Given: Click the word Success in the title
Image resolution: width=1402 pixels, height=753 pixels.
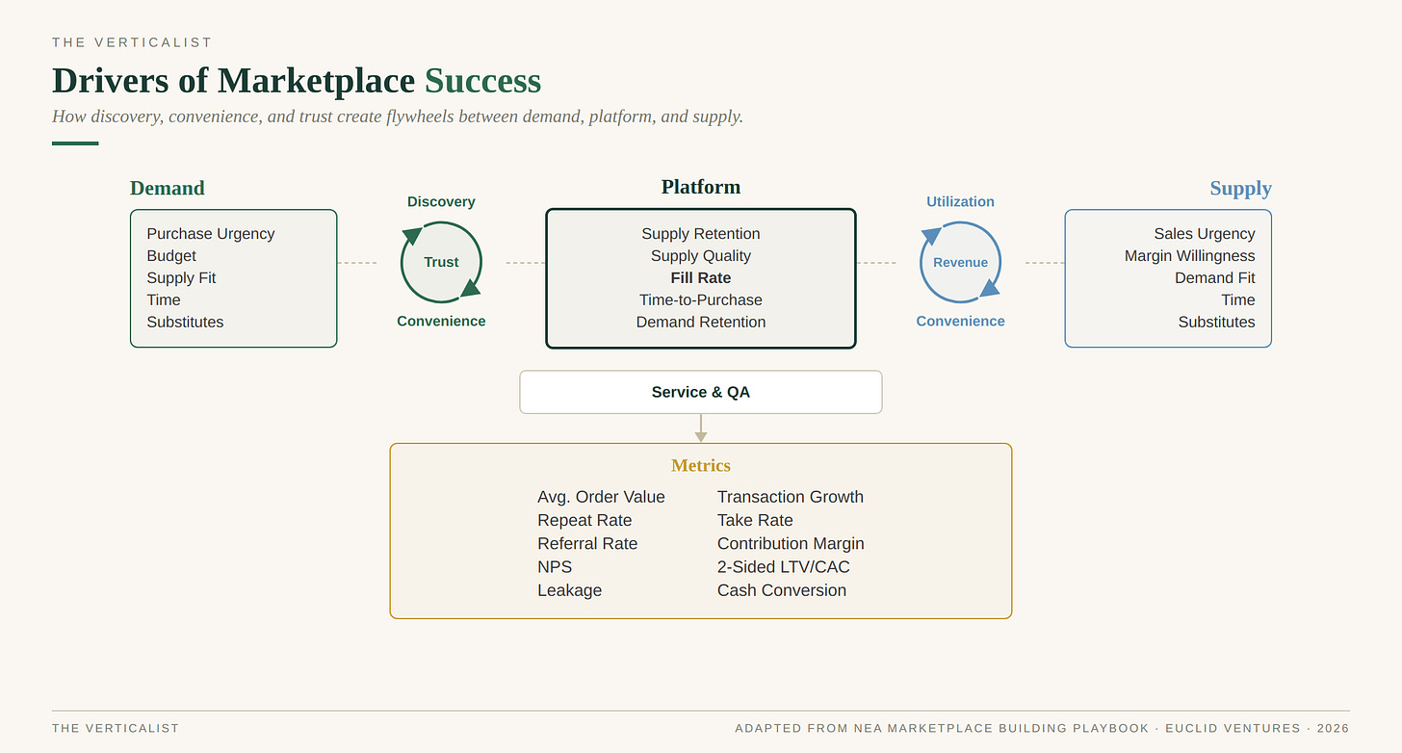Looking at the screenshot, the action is point(482,81).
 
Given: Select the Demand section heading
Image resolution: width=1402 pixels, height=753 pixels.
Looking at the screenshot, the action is point(168,188).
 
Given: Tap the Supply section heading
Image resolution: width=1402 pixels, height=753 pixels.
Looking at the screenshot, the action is point(1240,189).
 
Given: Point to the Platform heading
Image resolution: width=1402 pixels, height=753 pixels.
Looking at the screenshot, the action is point(700,187).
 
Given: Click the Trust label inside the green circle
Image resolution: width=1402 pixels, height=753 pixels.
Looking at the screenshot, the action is point(441,262).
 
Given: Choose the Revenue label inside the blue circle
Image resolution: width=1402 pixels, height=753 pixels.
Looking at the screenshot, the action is point(960,262).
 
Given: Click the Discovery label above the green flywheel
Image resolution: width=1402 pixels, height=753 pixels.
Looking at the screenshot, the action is point(441,201).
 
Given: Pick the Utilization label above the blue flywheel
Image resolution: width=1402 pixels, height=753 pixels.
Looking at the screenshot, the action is point(960,201).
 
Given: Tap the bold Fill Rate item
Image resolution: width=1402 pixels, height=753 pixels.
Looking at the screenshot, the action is point(700,278).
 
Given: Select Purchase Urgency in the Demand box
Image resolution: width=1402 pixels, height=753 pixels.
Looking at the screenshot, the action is point(211,233).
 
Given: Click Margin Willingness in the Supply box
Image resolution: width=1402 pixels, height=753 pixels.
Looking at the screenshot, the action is point(1189,256).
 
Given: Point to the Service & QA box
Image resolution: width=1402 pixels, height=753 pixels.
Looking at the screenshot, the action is point(700,392).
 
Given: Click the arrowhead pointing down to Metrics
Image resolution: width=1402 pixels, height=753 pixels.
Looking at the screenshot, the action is point(701,436).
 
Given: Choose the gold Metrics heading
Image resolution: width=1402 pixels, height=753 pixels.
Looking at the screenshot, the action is point(700,466).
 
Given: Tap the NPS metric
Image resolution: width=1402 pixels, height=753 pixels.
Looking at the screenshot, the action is point(555,567).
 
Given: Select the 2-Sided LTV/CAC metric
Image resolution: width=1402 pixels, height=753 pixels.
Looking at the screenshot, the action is point(783,567).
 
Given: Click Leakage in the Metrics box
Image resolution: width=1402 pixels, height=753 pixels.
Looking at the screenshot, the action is point(570,590).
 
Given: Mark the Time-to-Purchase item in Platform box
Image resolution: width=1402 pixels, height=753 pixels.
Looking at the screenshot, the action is point(700,299).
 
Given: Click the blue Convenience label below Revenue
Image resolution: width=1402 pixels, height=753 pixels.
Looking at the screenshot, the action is point(960,321).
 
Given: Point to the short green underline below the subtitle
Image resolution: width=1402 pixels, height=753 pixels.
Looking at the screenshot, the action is point(75,143).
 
